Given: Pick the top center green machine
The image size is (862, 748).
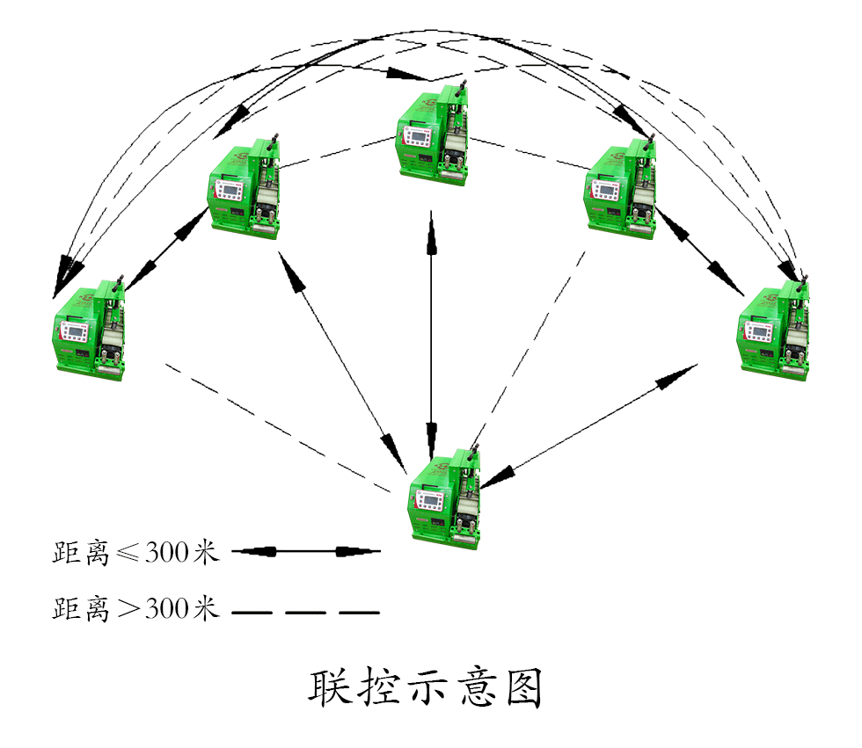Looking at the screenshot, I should tap(432, 133).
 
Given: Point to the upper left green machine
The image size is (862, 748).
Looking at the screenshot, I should tap(245, 188).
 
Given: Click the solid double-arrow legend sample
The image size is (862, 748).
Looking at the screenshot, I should tap(305, 552).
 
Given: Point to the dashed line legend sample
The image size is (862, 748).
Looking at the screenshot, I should tap(305, 611).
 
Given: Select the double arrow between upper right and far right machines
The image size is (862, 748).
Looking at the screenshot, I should tap(700, 251).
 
